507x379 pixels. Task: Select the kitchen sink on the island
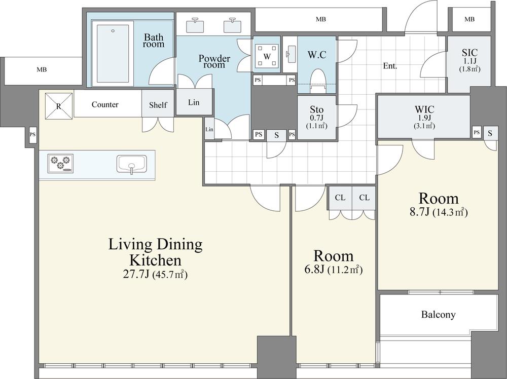pos(132,164)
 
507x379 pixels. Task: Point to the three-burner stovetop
pos(60,163)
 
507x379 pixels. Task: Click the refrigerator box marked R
pos(59,106)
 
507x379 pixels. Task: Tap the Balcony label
pos(438,315)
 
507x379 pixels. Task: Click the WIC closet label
pos(424,109)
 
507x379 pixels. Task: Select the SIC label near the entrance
pos(469,53)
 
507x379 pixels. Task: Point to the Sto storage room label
pos(316,109)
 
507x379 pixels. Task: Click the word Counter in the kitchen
pos(105,105)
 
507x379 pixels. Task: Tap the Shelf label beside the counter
pos(158,105)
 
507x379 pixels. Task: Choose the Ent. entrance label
pos(390,66)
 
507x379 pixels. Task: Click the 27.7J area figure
pos(136,274)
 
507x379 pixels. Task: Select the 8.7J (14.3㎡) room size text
pos(439,212)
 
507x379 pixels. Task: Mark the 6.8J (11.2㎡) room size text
pos(334,269)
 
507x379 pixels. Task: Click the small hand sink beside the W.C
pos(291,54)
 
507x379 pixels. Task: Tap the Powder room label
pos(214,61)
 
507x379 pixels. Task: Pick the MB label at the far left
pos(42,69)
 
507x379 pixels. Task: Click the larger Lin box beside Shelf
pos(194,102)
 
